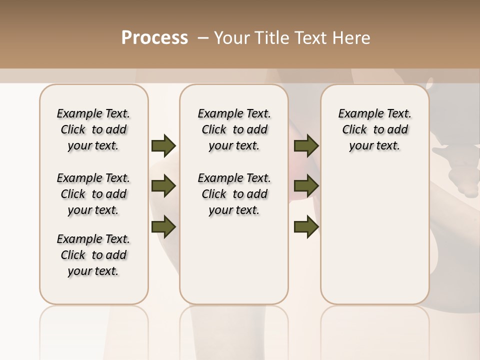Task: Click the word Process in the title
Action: point(154,38)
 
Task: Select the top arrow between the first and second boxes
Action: point(163,145)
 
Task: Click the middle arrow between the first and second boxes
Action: point(163,186)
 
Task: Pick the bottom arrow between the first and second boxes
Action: point(163,226)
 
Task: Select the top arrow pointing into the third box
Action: point(306,145)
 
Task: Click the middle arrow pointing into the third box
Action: point(306,186)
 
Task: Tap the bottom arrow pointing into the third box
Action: point(306,226)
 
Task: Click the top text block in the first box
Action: point(93,129)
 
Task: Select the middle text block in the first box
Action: point(93,194)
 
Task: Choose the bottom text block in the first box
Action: point(93,255)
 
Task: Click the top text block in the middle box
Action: point(234,129)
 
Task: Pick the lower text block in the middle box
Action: point(234,194)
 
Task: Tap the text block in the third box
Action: point(374,129)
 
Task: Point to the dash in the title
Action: point(203,38)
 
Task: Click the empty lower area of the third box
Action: point(374,240)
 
